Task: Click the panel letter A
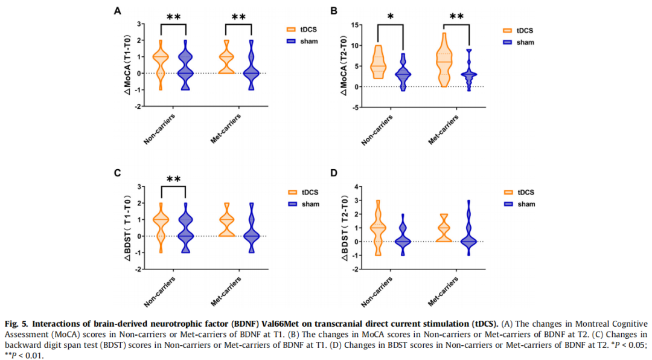pyautogui.click(x=118, y=10)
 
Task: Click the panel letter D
pyautogui.click(x=336, y=173)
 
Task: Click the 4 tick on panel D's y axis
pyautogui.click(x=357, y=186)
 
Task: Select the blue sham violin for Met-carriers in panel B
pyautogui.click(x=468, y=72)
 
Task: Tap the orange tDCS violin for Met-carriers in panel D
pyautogui.click(x=444, y=228)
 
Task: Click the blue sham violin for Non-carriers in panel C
pyautogui.click(x=185, y=228)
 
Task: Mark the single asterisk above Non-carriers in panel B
pyautogui.click(x=390, y=16)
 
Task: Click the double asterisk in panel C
pyautogui.click(x=173, y=179)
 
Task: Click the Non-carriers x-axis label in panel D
pyautogui.click(x=378, y=294)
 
